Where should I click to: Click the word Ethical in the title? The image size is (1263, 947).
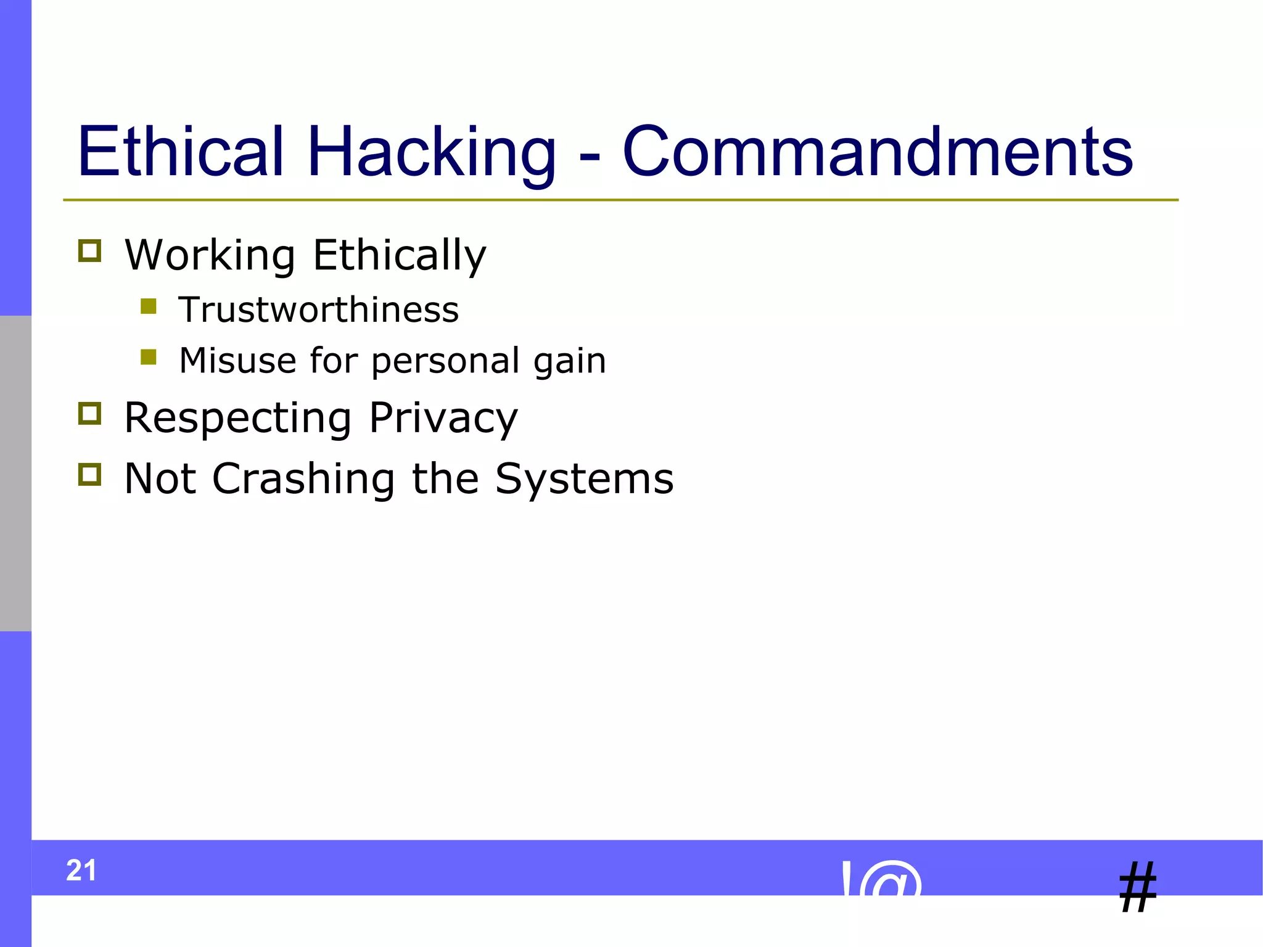pyautogui.click(x=181, y=151)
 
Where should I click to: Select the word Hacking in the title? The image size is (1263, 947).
pyautogui.click(x=431, y=152)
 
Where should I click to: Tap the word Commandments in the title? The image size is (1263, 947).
pyautogui.click(x=877, y=151)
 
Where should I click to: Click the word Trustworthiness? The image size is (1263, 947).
pyautogui.click(x=318, y=310)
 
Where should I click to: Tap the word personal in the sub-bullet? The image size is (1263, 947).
pyautogui.click(x=445, y=361)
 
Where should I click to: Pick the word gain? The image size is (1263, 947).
pyautogui.click(x=569, y=361)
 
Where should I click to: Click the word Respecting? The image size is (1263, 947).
pyautogui.click(x=238, y=419)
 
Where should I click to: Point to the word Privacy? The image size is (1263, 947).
pyautogui.click(x=443, y=419)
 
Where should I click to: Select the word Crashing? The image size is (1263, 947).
pyautogui.click(x=303, y=479)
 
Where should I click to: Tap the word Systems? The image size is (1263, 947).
pyautogui.click(x=584, y=479)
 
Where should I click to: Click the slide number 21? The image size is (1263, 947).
pyautogui.click(x=81, y=871)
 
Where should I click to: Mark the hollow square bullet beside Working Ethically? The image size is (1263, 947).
pyautogui.click(x=90, y=251)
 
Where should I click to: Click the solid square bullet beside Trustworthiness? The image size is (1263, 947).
pyautogui.click(x=149, y=306)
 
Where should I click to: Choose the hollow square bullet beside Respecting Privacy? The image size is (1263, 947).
pyautogui.click(x=90, y=414)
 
